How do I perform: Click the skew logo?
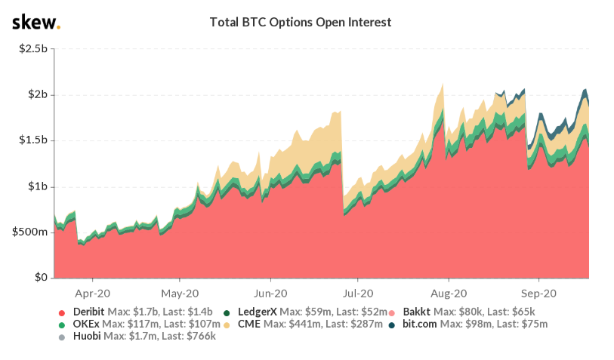click(35, 23)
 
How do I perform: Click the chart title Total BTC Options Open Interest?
click(300, 23)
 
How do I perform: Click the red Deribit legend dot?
click(60, 312)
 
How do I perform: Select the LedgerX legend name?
click(258, 311)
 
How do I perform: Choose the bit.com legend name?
click(419, 324)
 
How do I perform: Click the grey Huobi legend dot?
click(60, 337)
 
